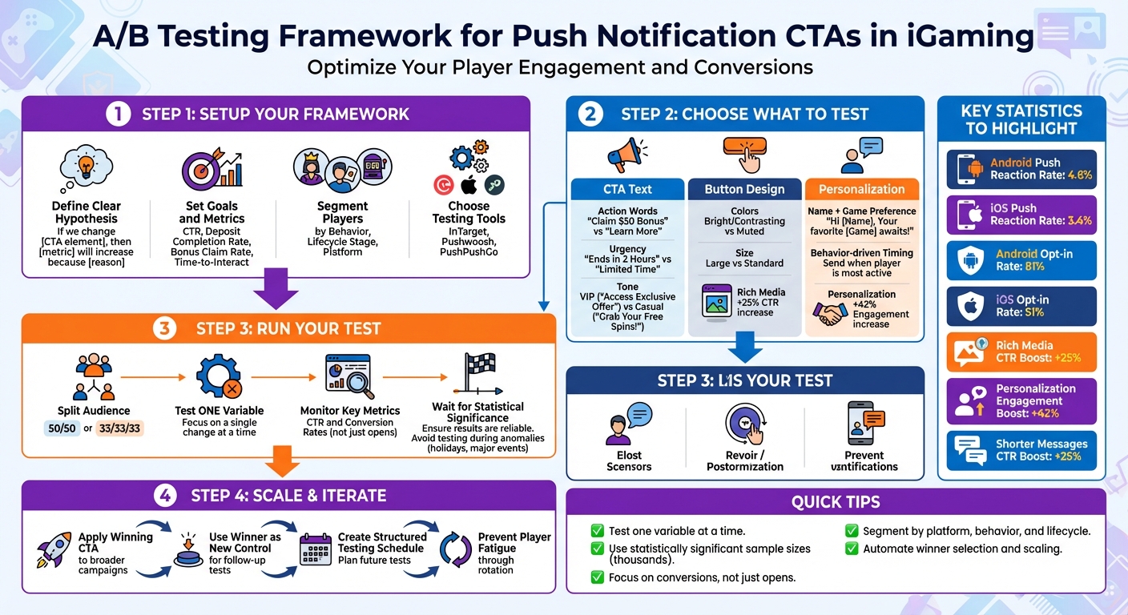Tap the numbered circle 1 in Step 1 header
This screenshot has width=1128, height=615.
117,114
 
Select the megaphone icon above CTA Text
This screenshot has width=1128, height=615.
627,155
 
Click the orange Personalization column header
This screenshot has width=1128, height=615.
861,189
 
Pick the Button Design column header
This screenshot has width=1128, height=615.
744,189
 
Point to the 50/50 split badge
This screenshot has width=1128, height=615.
62,428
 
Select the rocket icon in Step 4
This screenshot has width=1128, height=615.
54,551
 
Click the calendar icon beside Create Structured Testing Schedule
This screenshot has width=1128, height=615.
315,551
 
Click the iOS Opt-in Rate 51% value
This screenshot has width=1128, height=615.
1034,312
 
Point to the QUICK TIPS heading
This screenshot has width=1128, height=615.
835,502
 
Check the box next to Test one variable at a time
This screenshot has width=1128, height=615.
597,531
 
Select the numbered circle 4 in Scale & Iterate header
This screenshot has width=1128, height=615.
165,496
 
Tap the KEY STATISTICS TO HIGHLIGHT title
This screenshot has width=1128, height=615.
1021,119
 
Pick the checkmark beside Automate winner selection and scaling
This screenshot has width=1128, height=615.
851,549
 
